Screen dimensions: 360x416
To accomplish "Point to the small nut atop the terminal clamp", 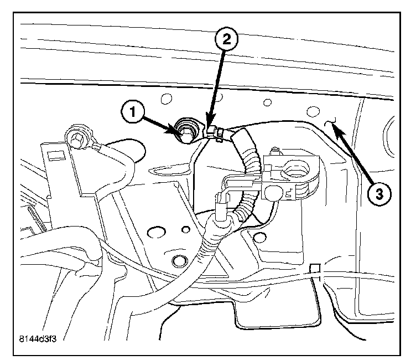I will pyautogui.click(x=275, y=151).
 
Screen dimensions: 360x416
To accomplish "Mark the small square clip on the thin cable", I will pyautogui.click(x=315, y=269).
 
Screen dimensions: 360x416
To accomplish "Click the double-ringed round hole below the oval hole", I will pyautogui.click(x=178, y=260).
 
